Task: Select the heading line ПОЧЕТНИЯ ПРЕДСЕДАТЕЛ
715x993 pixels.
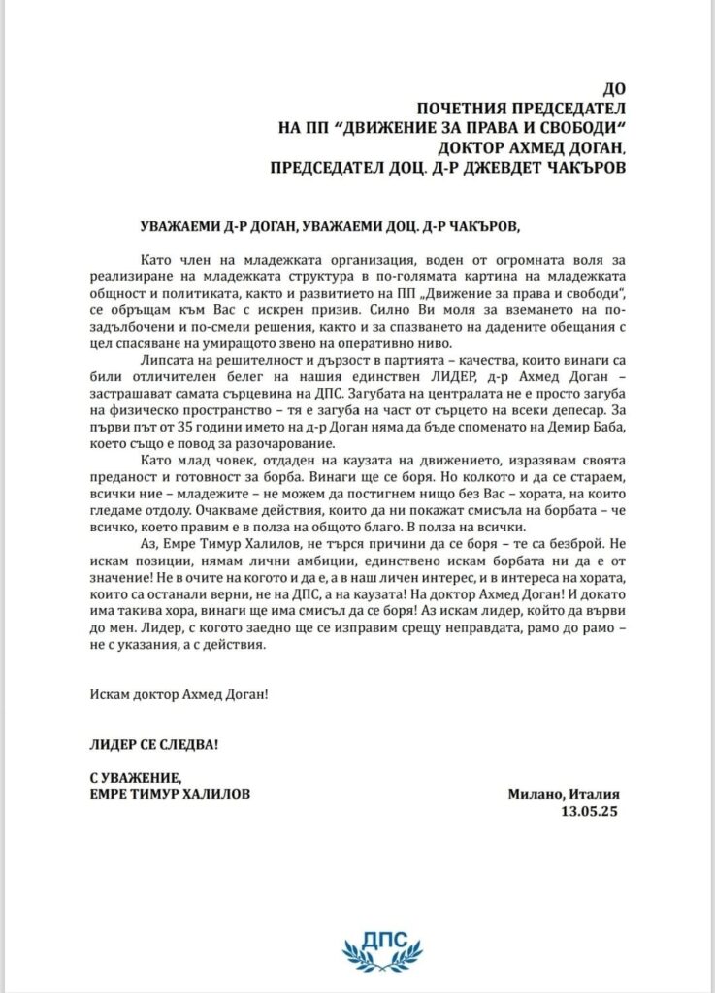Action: (520, 108)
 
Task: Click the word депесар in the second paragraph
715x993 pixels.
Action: (580, 411)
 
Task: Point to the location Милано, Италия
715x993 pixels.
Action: (563, 794)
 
